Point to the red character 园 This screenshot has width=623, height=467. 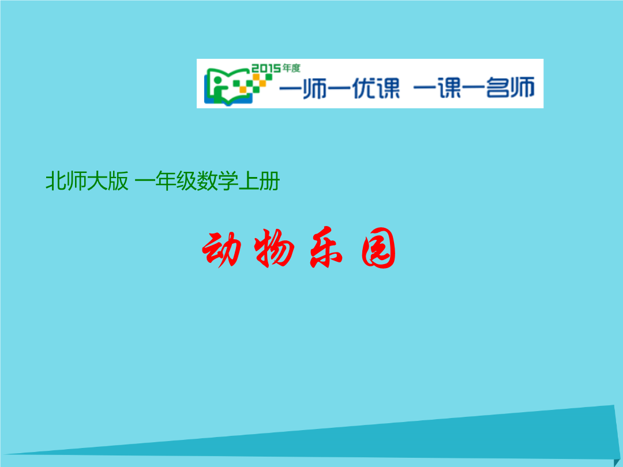click(x=378, y=248)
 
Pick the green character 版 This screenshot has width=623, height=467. click(x=118, y=181)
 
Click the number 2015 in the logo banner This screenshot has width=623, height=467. click(x=266, y=68)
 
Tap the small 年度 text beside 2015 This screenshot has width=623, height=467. click(x=291, y=68)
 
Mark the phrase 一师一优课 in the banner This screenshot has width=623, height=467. click(x=339, y=88)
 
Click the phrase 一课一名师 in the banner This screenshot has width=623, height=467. click(x=474, y=88)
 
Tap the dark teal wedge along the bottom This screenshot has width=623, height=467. click(x=437, y=441)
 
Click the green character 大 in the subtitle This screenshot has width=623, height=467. click(x=97, y=181)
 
